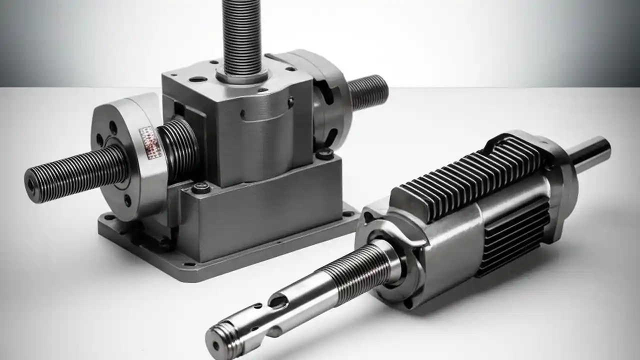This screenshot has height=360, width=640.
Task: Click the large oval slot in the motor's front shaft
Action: click(x=278, y=301)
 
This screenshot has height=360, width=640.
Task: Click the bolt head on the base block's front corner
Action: click(x=201, y=188)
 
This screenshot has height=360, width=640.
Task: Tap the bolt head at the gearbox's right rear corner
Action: click(x=325, y=153)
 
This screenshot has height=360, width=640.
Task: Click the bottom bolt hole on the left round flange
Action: click(x=127, y=201)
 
